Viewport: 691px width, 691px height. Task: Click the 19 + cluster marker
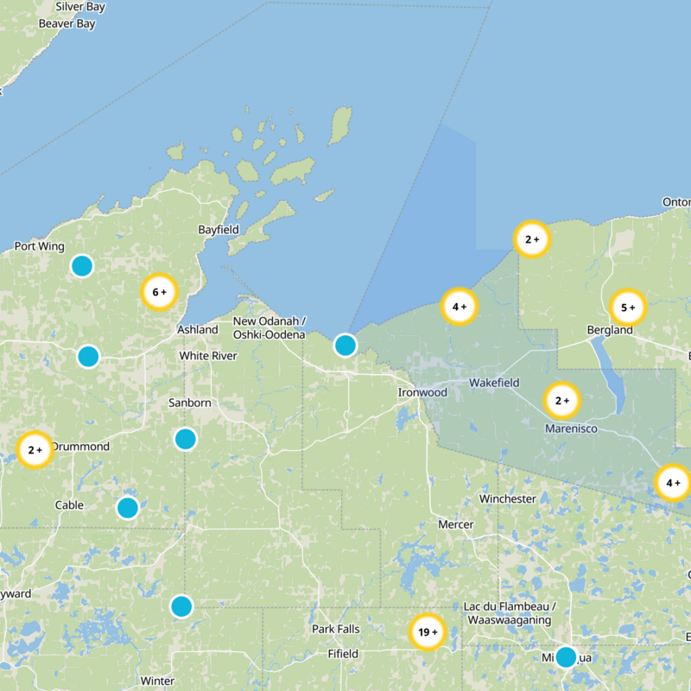pos(427,632)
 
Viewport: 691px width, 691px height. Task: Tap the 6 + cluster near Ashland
pos(159,292)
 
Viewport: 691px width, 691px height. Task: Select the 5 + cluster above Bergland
pos(628,307)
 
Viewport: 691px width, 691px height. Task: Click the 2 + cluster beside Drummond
pos(35,450)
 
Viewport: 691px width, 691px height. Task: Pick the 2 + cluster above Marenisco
pos(562,400)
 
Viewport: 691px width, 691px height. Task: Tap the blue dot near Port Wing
pos(82,266)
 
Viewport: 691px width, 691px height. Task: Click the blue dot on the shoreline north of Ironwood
pos(345,345)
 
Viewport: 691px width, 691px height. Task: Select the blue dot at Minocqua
pos(566,657)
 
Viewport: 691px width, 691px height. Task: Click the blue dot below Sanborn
pos(186,439)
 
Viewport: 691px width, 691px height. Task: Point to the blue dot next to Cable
pos(127,508)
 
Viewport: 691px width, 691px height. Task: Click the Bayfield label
pos(218,230)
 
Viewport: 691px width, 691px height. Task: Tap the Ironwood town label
pos(422,392)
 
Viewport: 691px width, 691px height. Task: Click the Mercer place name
pos(455,524)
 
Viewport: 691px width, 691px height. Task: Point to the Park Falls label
pos(336,629)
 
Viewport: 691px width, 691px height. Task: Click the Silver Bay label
pos(80,7)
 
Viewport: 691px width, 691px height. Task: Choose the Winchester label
pos(508,499)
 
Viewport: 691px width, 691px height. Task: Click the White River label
pos(208,356)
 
